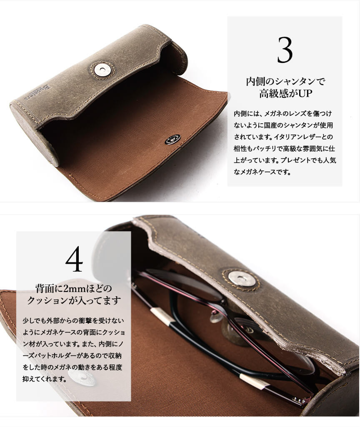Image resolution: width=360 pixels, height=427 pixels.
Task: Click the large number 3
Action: pos(285,50)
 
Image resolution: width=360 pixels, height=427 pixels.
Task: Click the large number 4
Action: pos(74,259)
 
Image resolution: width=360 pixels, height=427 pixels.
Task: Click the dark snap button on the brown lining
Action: pos(172,139)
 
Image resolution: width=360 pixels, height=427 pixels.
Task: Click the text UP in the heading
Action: pos(305,93)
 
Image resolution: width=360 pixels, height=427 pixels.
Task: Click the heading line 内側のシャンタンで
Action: pos(285,81)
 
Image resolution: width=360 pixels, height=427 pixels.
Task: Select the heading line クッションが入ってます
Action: pos(74,301)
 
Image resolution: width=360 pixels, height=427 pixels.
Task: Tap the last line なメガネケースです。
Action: pos(262,172)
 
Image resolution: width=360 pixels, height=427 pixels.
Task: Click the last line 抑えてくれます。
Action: pos(45,379)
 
